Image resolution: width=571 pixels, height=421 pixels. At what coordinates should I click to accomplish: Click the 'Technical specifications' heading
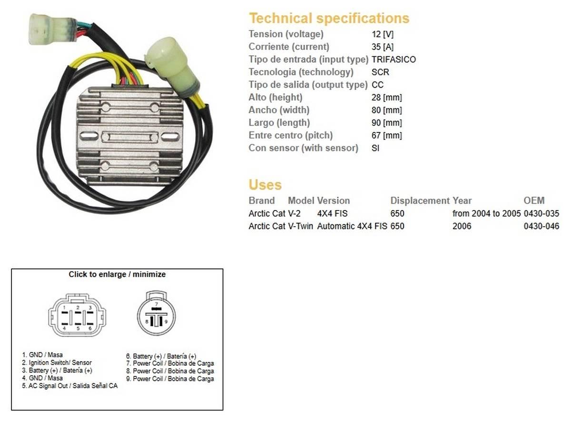329,18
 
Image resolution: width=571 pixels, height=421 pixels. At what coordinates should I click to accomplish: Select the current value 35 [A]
383,47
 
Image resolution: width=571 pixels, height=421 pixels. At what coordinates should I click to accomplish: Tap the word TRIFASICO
394,60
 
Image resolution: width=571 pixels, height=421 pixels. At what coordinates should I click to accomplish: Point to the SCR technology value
380,72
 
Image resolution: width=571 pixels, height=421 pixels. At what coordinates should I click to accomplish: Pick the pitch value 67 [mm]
386,135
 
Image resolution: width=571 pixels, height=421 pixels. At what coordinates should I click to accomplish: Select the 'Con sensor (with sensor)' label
303,148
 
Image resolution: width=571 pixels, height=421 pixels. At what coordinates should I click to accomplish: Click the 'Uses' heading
265,185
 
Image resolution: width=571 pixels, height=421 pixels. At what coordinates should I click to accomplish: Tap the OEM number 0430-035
541,214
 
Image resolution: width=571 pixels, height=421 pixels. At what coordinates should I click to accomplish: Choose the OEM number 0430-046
541,226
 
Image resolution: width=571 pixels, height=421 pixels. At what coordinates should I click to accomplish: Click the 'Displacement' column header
420,200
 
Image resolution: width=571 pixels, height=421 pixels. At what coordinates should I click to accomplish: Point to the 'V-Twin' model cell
301,226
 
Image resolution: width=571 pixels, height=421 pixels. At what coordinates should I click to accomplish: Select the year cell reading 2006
462,226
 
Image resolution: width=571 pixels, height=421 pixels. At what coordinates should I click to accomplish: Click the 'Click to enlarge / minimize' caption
117,274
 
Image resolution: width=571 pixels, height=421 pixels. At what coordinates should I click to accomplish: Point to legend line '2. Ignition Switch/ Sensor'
57,363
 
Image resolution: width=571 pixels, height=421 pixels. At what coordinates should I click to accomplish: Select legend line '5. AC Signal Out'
69,386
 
